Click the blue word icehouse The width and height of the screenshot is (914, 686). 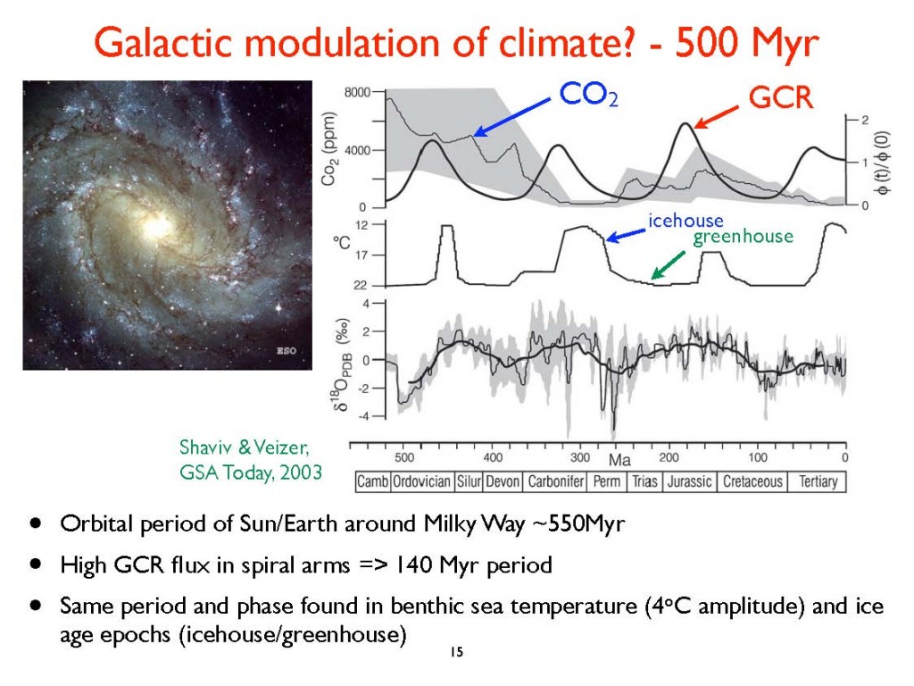(685, 221)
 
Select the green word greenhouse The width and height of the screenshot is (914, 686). (743, 237)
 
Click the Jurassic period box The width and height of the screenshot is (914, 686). (689, 481)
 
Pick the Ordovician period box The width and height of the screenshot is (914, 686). (422, 481)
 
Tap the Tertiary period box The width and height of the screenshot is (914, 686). (818, 481)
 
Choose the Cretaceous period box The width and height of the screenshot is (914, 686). (753, 481)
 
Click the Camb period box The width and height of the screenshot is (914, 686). (373, 481)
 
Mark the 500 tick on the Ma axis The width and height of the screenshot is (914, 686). (404, 457)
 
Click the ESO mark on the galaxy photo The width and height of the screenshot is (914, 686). (287, 351)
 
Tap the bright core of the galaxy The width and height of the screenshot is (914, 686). (157, 227)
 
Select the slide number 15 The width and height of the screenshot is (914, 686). (456, 653)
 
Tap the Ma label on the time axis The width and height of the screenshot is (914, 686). (619, 460)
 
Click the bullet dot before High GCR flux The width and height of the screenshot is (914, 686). (35, 565)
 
